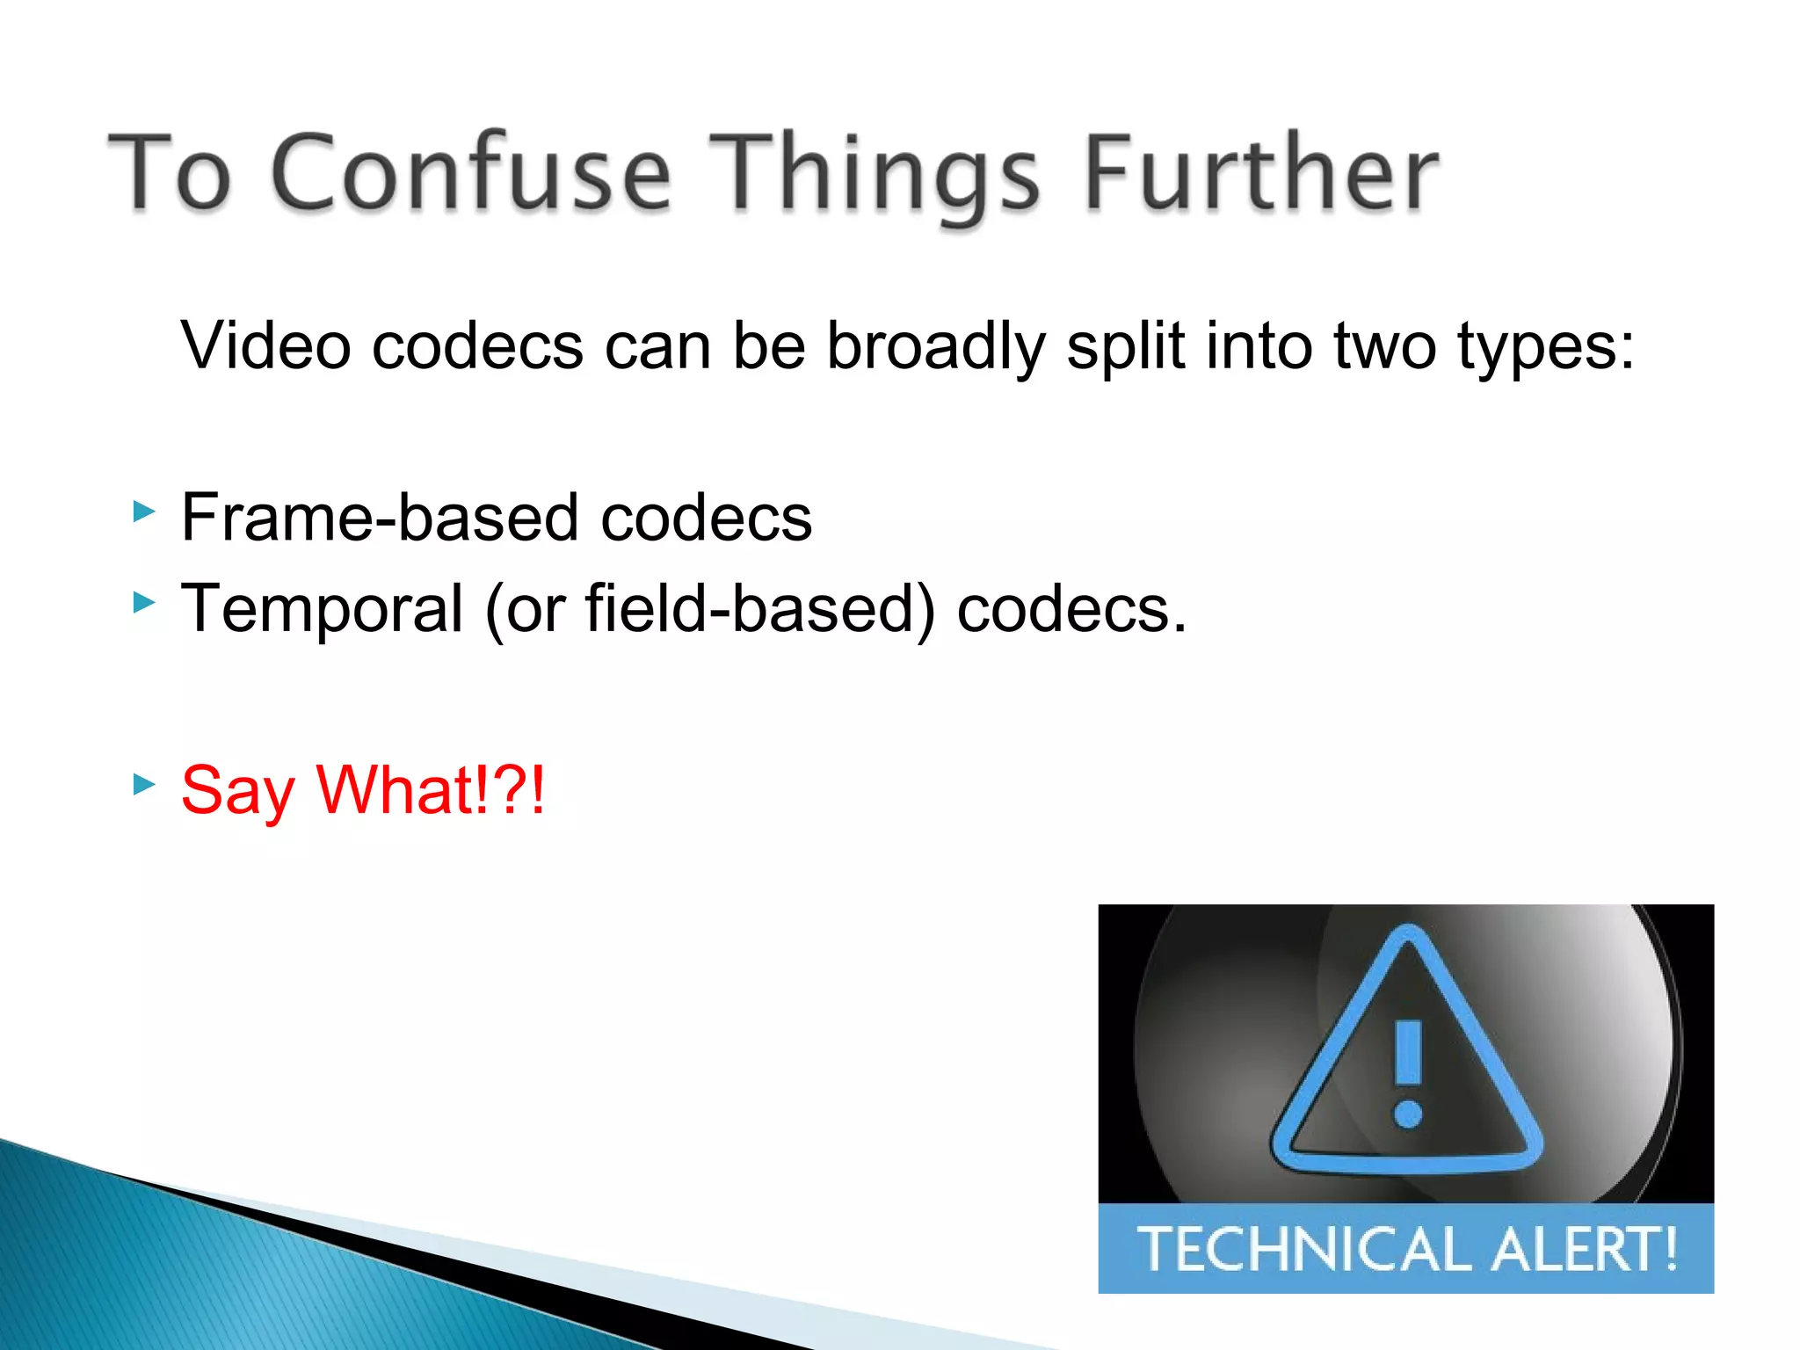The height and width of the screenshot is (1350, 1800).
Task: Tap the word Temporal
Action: (322, 608)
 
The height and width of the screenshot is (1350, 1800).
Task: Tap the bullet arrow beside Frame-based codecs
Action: (143, 512)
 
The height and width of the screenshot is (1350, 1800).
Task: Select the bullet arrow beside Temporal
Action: (143, 603)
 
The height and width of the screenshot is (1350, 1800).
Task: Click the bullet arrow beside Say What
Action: (143, 783)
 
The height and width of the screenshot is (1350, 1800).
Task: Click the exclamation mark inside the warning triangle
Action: (1408, 1072)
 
